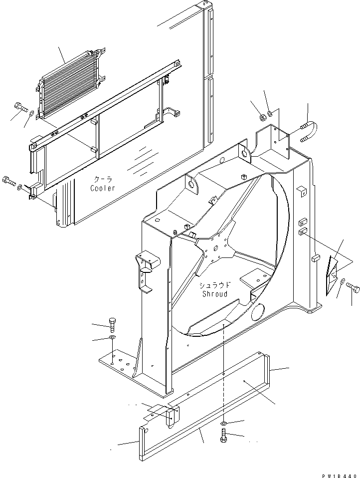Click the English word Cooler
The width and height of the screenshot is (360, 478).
click(103, 188)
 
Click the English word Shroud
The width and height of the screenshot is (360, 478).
click(215, 294)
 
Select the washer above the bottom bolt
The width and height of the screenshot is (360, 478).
click(224, 424)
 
